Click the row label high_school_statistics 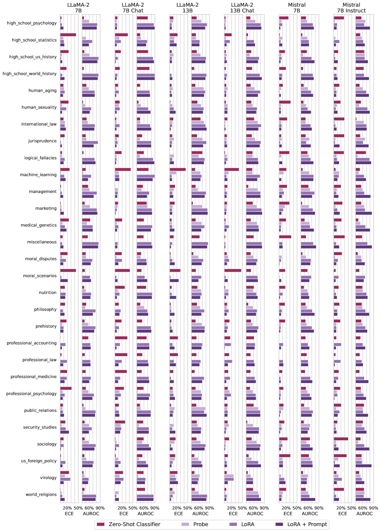(34, 40)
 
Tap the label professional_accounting (31, 343)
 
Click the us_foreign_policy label (39, 461)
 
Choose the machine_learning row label (38, 175)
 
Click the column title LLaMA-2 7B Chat (133, 8)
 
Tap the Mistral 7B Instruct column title (351, 8)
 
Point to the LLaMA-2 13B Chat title (242, 8)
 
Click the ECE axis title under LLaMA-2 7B (69, 514)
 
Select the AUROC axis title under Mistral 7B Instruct (365, 514)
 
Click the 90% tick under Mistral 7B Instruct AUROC (374, 508)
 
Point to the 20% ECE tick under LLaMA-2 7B (68, 508)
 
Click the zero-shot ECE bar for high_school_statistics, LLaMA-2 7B (68, 35)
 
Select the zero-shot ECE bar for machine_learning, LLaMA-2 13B (178, 170)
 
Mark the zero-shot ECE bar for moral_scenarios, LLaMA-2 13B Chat (233, 270)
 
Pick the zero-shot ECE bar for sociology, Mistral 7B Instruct (341, 439)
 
